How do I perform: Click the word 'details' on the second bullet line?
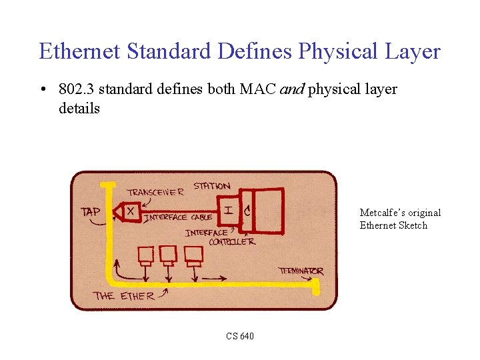pos(79,108)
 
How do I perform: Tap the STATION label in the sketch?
pos(212,185)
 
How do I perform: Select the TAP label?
pos(91,212)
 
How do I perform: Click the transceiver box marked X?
pos(130,211)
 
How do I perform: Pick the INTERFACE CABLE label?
pos(178,217)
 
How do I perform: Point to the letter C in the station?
pos(247,211)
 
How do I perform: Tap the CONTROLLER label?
pos(231,242)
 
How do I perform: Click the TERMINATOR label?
pos(301,271)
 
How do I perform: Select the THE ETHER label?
pos(124,295)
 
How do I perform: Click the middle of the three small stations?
pos(168,255)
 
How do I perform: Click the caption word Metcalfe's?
pos(383,213)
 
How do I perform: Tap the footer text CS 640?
pos(239,336)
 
